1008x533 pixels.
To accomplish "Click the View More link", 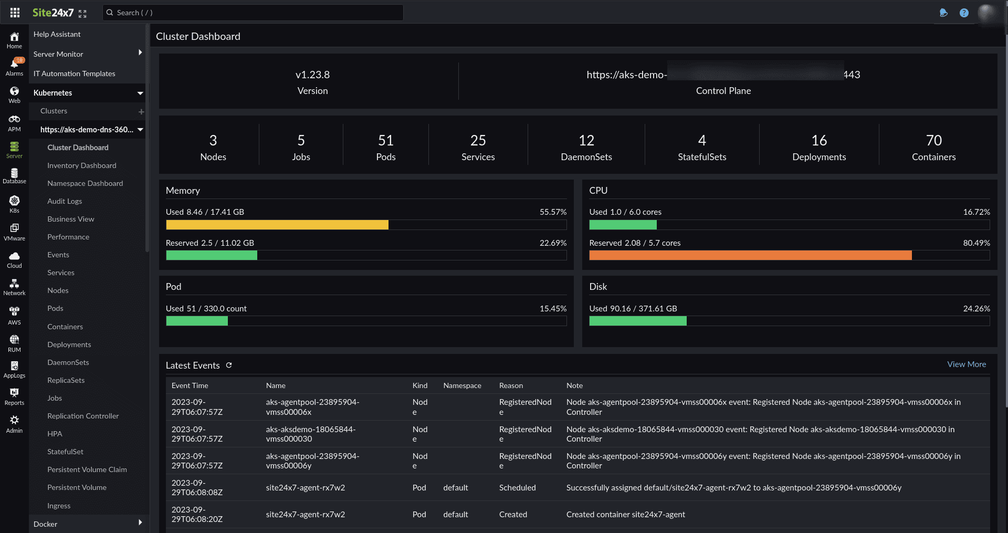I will point(966,364).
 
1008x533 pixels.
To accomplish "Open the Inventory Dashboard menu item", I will point(81,165).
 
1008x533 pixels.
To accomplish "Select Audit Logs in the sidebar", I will point(65,201).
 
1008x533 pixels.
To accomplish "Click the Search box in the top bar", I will point(252,13).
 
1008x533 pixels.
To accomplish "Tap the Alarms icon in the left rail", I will point(14,66).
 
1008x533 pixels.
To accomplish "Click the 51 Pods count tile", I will point(385,147).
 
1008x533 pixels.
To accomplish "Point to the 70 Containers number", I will point(933,140).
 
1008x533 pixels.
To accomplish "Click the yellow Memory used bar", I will point(277,225).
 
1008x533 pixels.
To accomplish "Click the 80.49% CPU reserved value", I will point(976,243).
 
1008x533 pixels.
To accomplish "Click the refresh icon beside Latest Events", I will point(229,365).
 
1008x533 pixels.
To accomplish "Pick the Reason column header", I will point(511,385).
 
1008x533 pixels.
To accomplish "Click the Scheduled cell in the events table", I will point(517,488).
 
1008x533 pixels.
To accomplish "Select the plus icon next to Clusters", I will point(141,111).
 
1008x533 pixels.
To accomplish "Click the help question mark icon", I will point(964,13).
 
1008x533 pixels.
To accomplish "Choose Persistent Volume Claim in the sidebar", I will point(87,469).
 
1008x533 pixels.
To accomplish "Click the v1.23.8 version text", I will point(312,75).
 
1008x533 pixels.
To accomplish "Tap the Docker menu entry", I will point(46,524).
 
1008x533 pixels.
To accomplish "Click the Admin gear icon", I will point(14,420).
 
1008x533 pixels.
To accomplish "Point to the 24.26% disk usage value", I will point(976,309).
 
